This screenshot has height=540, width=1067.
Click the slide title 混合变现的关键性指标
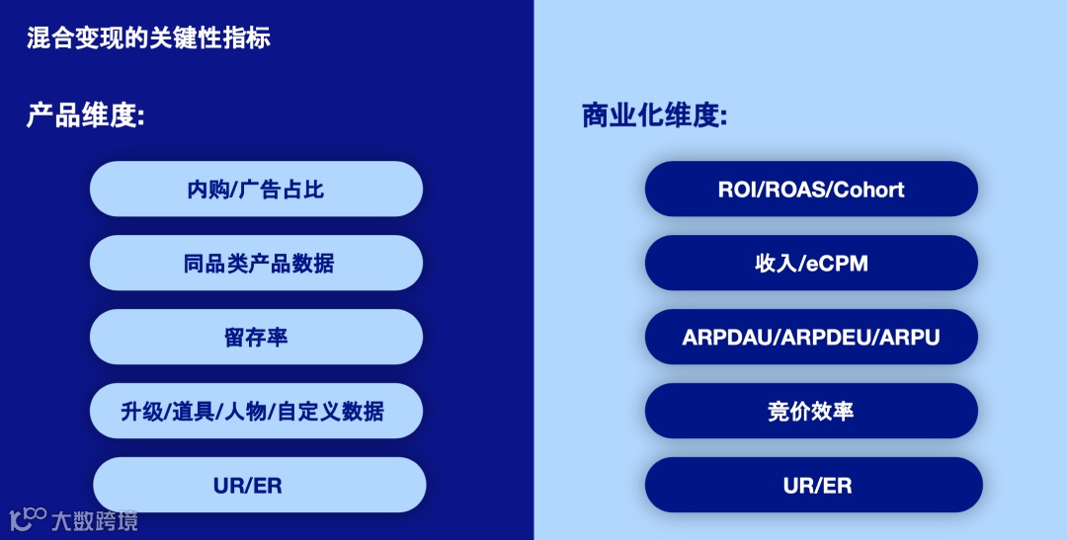(148, 39)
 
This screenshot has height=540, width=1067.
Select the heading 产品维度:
(86, 116)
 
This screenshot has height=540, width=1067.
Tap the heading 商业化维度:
(655, 116)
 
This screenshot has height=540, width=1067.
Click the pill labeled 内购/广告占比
(256, 190)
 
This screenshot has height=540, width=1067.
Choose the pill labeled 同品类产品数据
(256, 264)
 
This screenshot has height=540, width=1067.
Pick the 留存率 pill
(256, 338)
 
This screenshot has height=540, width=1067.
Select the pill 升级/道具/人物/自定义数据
(256, 412)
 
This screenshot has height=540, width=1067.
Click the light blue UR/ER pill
(259, 485)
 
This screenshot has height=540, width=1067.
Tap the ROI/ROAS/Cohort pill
(811, 190)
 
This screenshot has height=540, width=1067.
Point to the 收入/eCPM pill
(811, 264)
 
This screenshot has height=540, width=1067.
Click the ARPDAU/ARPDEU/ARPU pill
(811, 338)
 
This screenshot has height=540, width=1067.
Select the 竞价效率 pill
(811, 412)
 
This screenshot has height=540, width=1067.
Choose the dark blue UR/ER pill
(814, 485)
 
